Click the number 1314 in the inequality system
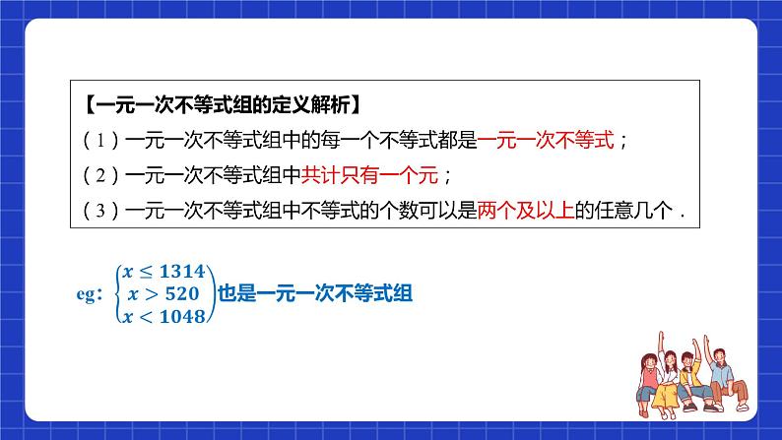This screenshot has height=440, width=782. (x=182, y=272)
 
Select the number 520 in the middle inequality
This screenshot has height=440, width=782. (x=182, y=294)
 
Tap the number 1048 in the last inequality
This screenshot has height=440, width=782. (x=182, y=316)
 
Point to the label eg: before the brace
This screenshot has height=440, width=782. (x=90, y=294)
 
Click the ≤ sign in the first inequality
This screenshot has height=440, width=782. (x=146, y=272)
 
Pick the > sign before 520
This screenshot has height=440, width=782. (x=151, y=294)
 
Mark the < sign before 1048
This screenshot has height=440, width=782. (x=146, y=317)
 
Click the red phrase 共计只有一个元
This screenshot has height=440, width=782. (x=369, y=175)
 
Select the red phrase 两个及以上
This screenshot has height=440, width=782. (x=526, y=211)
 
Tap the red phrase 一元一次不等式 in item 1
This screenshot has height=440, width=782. (x=546, y=140)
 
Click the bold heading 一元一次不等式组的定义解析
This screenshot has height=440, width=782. (x=223, y=105)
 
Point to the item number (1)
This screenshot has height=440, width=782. (x=100, y=141)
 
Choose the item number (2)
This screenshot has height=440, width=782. (x=100, y=175)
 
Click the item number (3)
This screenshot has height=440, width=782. (x=100, y=211)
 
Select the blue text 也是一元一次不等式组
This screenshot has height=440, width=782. (x=315, y=293)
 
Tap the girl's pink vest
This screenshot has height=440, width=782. (x=649, y=378)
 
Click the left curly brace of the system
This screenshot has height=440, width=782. (x=119, y=294)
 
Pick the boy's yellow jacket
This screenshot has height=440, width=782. (x=689, y=374)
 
